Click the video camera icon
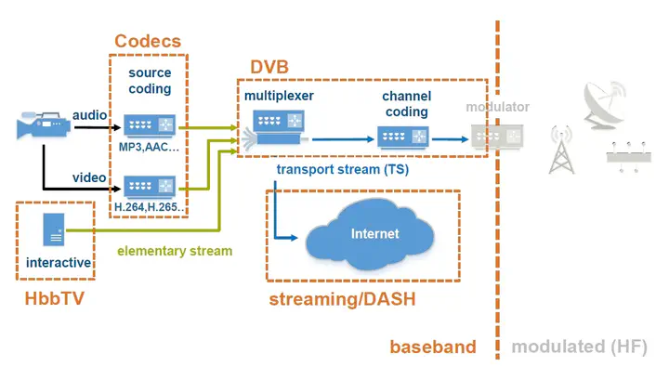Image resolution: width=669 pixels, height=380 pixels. point(38,125)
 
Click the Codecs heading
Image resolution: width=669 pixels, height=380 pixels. point(148,42)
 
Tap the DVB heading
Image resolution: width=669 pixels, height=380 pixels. point(269,68)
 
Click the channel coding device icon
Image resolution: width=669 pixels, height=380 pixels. point(405,138)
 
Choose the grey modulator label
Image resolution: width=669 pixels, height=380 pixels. point(498,107)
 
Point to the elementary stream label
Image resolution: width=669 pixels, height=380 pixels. point(175,251)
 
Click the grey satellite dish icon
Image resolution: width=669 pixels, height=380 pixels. point(608,103)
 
